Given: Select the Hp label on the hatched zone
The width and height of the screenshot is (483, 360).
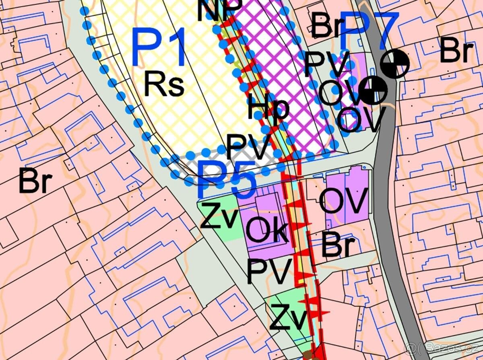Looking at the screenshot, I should coord(268,109).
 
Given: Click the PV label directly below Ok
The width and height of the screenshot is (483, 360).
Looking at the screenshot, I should coord(269,272).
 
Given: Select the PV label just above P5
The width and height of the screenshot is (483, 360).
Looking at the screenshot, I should coord(247,147).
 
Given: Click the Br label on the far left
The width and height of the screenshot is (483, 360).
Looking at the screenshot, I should coord(35,181).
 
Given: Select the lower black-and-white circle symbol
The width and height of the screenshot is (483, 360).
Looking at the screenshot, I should coord(373,91).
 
